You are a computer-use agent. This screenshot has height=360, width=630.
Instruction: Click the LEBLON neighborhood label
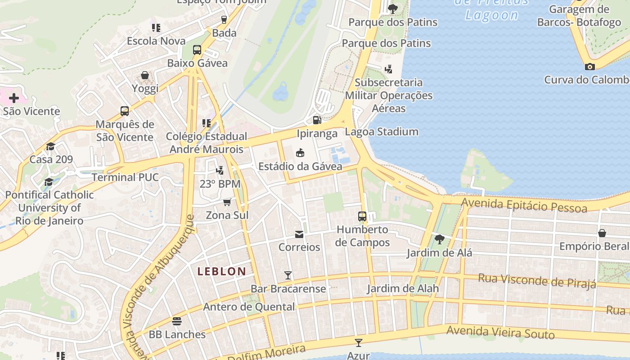point(222,271)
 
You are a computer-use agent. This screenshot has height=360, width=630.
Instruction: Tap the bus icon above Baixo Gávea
point(197,50)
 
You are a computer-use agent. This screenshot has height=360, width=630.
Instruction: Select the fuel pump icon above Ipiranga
point(317,120)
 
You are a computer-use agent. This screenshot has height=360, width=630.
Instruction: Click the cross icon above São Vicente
point(14,98)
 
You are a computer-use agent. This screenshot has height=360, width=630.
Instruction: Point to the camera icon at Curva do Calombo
point(589,67)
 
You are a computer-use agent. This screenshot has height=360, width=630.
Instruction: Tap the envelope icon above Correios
point(299,234)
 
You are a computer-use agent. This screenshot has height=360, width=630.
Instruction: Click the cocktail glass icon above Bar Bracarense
point(288,275)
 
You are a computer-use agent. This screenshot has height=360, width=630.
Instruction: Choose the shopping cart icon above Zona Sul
point(227,202)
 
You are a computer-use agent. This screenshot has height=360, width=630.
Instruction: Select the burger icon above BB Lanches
point(177,321)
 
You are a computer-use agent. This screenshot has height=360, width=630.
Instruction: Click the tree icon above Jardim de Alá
point(439,239)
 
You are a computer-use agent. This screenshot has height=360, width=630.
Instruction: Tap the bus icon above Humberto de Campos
point(362,216)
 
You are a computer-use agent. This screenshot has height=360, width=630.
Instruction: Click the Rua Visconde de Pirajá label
point(537,280)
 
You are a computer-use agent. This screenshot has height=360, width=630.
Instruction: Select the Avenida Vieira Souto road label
point(500,333)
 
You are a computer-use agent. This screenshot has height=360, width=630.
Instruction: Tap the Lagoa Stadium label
point(382,132)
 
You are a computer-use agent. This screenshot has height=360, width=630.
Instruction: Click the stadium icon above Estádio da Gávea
point(300,153)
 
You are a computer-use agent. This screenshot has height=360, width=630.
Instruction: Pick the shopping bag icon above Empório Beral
point(602,233)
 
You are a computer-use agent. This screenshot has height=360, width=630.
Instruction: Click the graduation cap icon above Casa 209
point(50,146)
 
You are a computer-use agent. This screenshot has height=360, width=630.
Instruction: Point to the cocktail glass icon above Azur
point(358,343)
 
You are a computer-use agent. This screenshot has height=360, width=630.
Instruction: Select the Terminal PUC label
point(125,177)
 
